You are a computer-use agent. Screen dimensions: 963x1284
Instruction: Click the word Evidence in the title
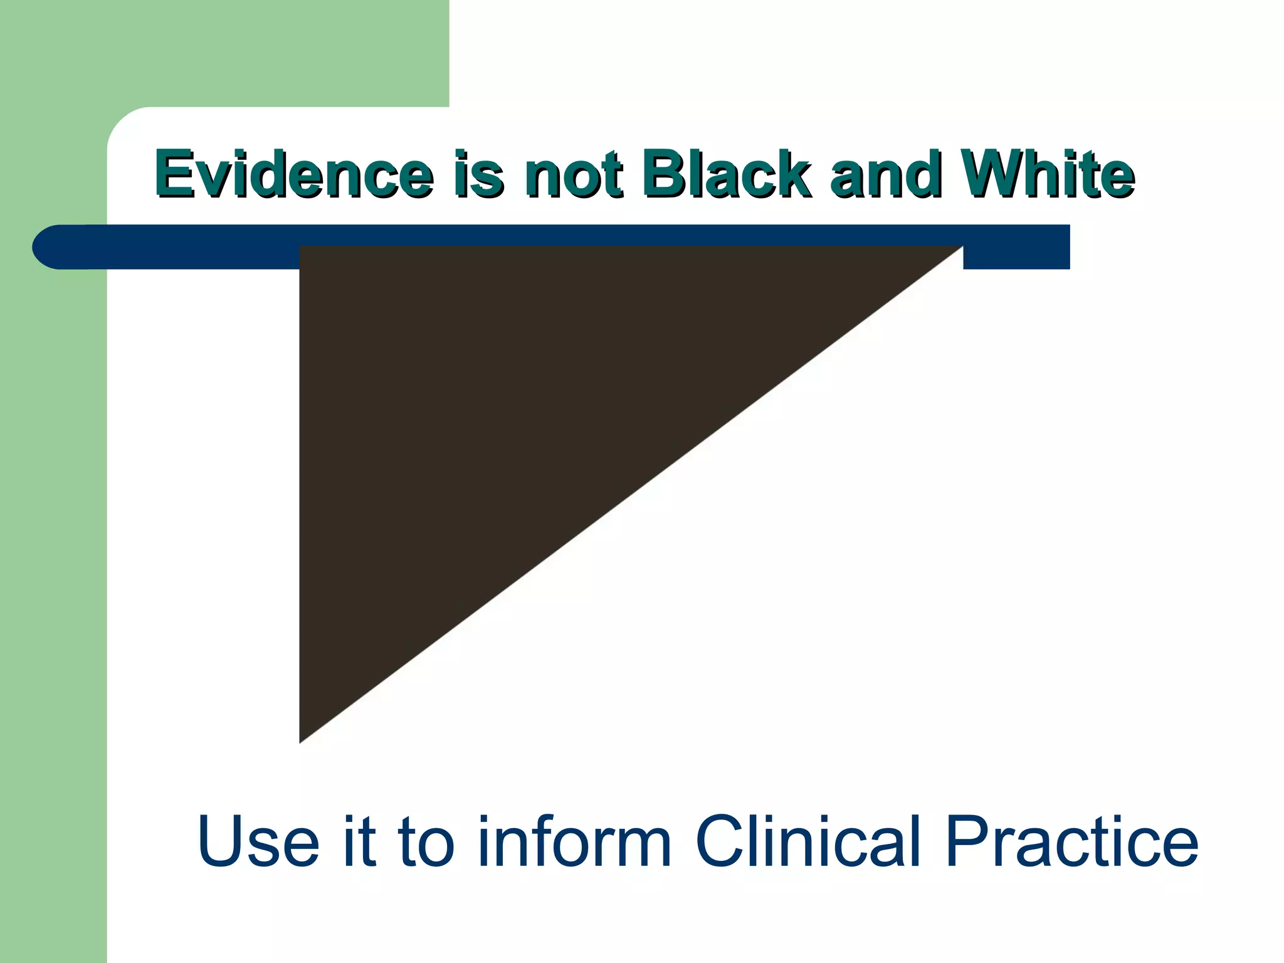293,174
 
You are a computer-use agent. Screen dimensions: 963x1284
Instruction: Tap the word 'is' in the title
478,174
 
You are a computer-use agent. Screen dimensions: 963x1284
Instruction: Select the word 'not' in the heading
574,174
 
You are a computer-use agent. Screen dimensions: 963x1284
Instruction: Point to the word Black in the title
726,174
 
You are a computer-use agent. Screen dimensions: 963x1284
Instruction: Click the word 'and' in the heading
885,174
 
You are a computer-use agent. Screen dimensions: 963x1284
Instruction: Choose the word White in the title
1048,174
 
